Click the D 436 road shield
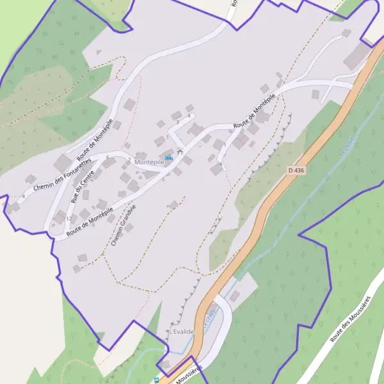point(296,170)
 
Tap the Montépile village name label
point(149,163)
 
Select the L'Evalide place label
point(181,332)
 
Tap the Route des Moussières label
point(351,319)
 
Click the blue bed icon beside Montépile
point(169,157)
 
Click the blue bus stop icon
point(157,380)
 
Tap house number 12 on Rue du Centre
point(68,219)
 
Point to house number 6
point(108,157)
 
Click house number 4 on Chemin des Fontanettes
point(23,196)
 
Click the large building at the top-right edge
point(356,56)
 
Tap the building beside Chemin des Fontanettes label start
point(30,179)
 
